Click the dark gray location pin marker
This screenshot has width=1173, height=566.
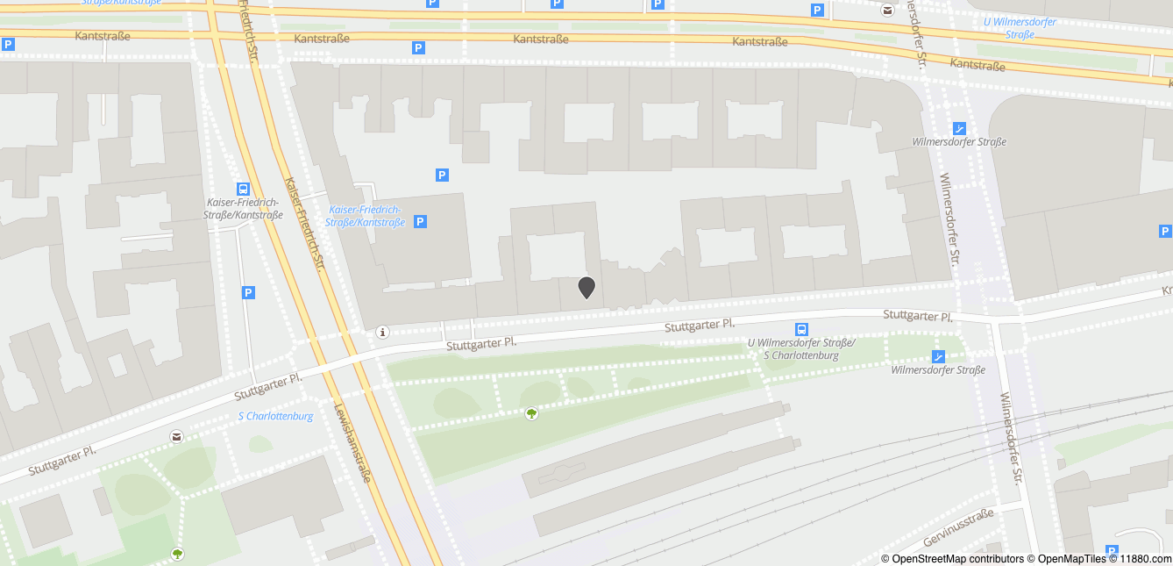(x=586, y=287)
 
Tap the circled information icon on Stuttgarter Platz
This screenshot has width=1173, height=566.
(x=381, y=333)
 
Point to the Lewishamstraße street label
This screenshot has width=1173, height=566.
(x=352, y=443)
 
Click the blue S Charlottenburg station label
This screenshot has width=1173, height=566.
(x=275, y=416)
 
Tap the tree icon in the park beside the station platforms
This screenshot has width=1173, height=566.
(x=530, y=413)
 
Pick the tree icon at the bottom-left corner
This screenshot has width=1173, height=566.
(x=178, y=554)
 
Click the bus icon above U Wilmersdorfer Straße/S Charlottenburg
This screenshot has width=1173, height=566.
(x=801, y=329)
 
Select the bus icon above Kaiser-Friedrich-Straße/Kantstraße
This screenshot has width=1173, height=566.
(x=243, y=189)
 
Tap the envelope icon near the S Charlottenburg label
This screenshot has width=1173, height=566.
(x=177, y=436)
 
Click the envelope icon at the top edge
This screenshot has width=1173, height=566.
(x=887, y=11)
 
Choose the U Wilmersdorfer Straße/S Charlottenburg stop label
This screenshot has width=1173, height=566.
(x=800, y=349)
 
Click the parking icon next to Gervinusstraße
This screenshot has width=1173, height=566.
(x=1113, y=527)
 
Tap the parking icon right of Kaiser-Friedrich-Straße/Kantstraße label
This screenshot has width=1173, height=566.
(x=420, y=222)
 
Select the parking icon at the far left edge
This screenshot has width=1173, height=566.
(x=8, y=44)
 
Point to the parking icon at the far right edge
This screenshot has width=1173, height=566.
(x=1165, y=232)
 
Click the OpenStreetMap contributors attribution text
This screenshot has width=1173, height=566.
(x=952, y=559)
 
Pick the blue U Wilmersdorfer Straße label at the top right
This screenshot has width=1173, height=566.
(x=1020, y=28)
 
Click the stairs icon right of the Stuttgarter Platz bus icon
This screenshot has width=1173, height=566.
(x=939, y=356)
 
